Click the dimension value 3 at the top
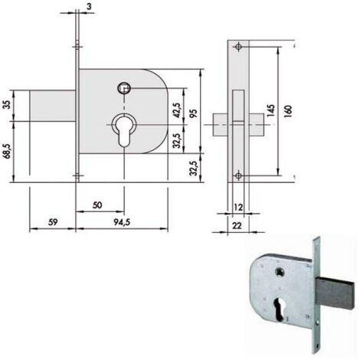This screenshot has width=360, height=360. coord(89,6)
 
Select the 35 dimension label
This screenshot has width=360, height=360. coord(8,105)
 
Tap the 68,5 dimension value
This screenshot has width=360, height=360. coord(8,151)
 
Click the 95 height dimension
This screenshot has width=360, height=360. coord(194,114)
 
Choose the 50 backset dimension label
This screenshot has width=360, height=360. coord(97,205)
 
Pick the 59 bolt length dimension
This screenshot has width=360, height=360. coord(53,221)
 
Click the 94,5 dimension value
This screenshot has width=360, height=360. coord(122,222)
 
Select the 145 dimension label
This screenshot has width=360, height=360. coord(271,110)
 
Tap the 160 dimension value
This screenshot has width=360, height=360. coord(288,111)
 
